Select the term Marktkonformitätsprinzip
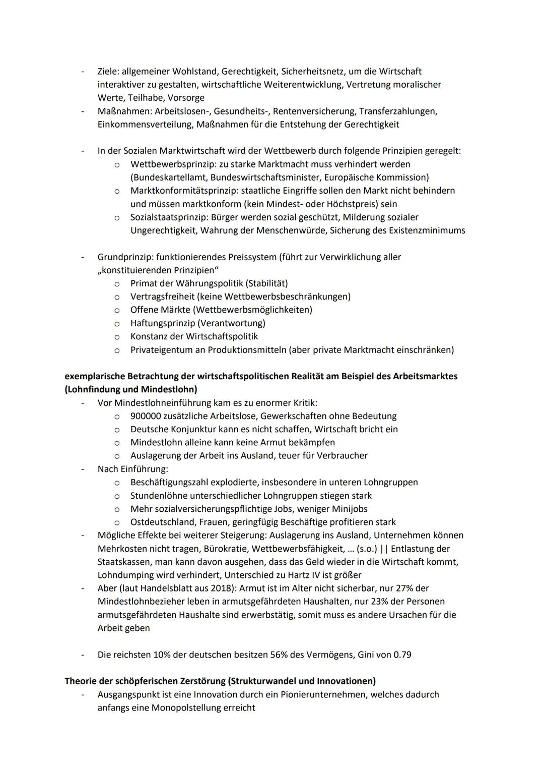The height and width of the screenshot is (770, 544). tap(184, 191)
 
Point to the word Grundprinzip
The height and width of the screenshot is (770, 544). tap(122, 257)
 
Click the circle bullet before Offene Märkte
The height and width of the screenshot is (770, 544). tap(117, 310)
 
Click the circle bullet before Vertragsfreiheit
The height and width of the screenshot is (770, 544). tap(117, 297)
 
